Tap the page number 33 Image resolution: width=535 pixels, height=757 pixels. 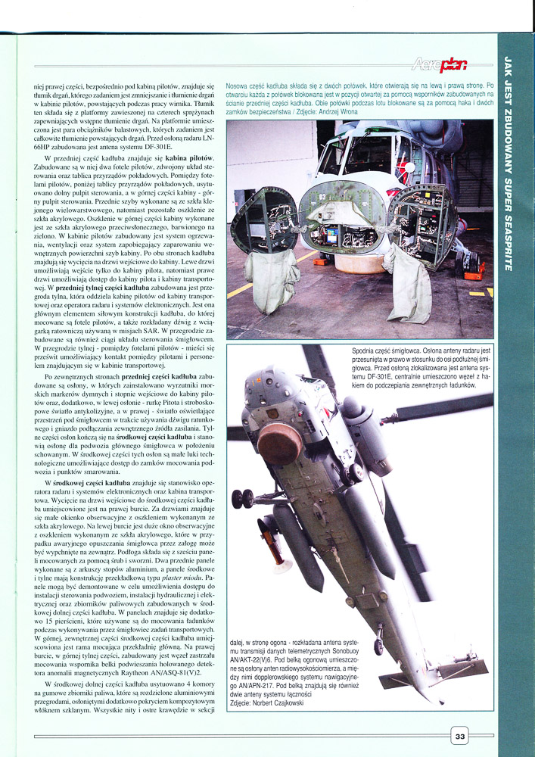[x=461, y=734]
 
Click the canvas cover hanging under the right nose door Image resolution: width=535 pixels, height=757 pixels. [x=409, y=279]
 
